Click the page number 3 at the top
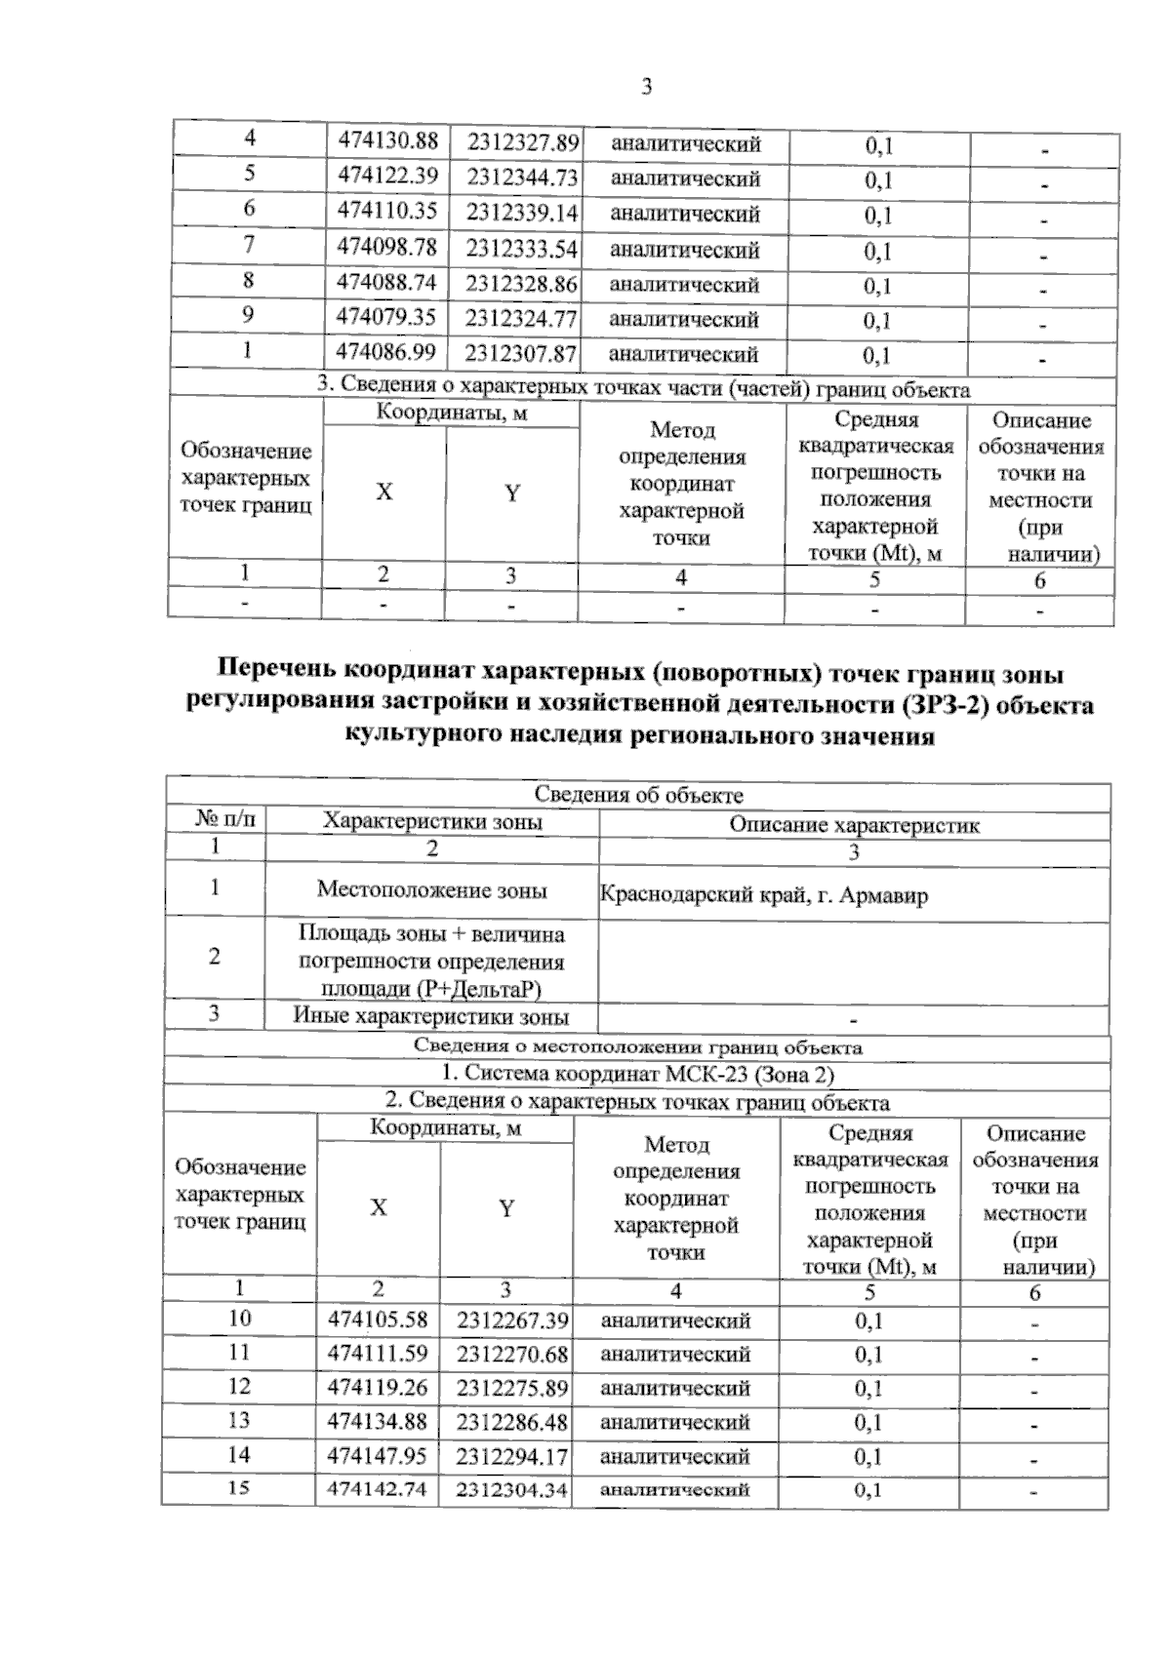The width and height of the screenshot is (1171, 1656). pos(646,88)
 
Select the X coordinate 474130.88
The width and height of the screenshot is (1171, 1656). pos(387,141)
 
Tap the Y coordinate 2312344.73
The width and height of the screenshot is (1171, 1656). pos(522,177)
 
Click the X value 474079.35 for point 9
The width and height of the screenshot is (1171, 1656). pos(386,317)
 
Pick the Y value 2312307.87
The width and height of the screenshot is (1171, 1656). pos(521,353)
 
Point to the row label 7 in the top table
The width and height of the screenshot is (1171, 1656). pos(250,246)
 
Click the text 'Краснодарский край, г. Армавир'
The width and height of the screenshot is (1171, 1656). pos(763,894)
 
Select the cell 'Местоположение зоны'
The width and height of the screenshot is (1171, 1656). pos(431,889)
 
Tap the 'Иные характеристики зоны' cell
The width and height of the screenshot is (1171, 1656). pos(431,1017)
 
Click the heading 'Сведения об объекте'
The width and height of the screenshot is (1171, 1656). pos(638,796)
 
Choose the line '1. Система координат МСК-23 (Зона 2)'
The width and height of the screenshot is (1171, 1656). pos(638,1075)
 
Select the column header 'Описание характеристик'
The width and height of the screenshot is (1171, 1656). pos(854,825)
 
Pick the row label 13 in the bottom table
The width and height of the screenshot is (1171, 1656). pos(239,1420)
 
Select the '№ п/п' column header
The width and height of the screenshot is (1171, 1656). pos(217,820)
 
